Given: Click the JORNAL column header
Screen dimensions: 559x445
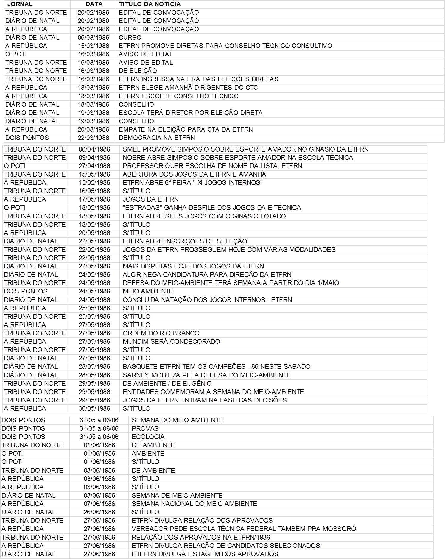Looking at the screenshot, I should (20, 4).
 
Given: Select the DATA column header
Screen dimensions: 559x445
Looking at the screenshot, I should (94, 4).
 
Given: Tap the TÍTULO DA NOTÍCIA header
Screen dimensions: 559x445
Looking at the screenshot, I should (150, 4).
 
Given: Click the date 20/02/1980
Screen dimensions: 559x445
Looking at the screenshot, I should (94, 21).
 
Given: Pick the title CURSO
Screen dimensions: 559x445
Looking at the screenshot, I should (130, 38).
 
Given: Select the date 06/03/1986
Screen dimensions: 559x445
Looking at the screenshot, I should (94, 38).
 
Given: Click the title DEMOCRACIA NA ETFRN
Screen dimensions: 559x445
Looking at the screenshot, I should (157, 138).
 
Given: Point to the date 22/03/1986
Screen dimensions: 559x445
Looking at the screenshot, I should (94, 138).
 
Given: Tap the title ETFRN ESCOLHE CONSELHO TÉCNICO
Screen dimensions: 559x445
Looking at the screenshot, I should (178, 96).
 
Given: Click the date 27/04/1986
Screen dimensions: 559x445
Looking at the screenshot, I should (94, 166).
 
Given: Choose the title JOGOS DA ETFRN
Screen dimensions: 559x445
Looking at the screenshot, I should (151, 199).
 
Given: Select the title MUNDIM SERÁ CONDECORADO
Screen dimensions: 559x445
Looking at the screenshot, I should (171, 341).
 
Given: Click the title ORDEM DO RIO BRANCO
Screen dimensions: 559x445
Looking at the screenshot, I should (161, 333).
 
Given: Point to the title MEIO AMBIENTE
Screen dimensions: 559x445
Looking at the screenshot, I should (148, 291).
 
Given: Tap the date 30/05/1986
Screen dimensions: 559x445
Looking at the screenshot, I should (94, 408).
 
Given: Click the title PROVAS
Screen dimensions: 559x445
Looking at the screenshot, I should (145, 428).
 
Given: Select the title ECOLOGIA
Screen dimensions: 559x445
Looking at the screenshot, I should (148, 437).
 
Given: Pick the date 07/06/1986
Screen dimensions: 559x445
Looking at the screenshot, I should (99, 504).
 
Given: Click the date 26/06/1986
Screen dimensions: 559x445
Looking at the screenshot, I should (99, 512).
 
